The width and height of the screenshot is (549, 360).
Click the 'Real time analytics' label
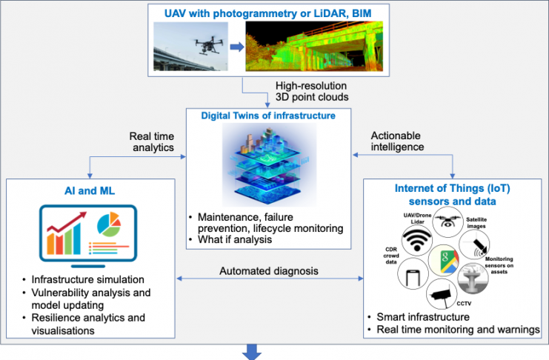click(x=154, y=141)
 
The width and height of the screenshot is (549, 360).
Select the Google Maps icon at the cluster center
click(x=443, y=259)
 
